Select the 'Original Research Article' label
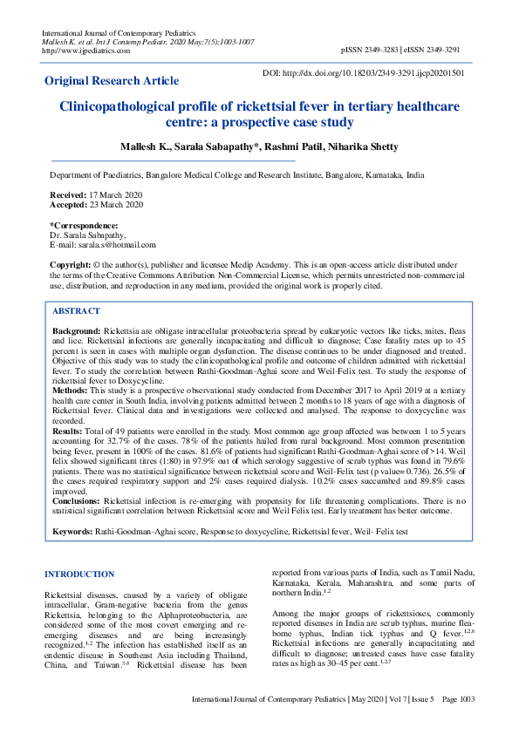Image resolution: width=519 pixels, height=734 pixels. pyautogui.click(x=112, y=81)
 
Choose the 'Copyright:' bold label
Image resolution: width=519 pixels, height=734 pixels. pyautogui.click(x=71, y=264)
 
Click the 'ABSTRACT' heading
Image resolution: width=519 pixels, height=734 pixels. pyautogui.click(x=76, y=311)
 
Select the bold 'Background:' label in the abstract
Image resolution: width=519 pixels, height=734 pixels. pyautogui.click(x=77, y=333)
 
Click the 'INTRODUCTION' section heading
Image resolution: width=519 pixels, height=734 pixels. pyautogui.click(x=79, y=574)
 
